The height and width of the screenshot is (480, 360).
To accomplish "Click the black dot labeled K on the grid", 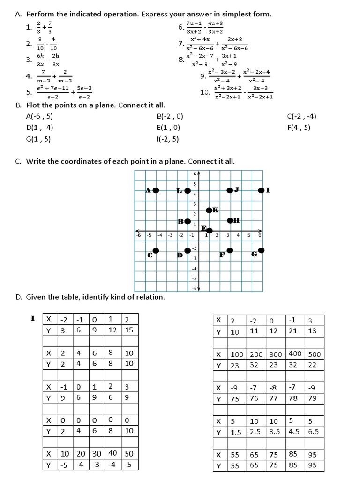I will point(209,210).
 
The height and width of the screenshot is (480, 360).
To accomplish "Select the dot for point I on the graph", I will point(261,190).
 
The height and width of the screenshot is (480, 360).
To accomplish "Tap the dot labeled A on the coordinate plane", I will point(156,190).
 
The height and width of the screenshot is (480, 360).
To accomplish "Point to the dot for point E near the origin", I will point(209,230).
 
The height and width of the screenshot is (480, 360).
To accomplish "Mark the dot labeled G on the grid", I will point(261,250).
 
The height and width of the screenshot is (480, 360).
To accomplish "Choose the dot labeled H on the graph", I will point(230,220).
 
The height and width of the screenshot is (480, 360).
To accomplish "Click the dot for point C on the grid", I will point(156,251).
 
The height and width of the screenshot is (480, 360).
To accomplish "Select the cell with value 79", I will point(313,399).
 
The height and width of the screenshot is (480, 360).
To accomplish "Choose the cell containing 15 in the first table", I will point(129,330).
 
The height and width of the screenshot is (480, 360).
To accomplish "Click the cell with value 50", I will point(129,453).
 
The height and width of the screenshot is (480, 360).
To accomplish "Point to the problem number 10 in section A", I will point(205,92).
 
